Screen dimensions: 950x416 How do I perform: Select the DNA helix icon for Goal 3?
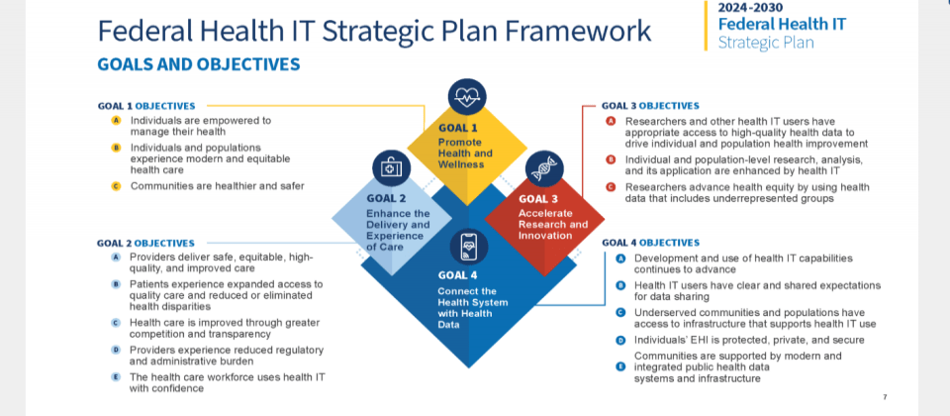544,169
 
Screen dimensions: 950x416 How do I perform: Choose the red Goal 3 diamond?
544,218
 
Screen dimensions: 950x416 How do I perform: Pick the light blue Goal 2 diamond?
392,218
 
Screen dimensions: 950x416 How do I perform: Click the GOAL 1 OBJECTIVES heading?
146,106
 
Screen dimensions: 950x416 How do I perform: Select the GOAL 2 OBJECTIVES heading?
145,244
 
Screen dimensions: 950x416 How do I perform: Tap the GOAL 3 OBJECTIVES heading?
650,106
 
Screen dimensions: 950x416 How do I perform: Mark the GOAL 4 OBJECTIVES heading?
651,243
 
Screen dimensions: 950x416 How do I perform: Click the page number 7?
885,397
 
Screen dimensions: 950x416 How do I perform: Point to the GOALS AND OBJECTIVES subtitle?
199,64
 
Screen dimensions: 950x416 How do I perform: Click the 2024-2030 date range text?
750,7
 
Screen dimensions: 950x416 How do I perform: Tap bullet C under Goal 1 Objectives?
115,187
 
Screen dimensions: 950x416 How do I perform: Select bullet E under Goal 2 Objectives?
115,376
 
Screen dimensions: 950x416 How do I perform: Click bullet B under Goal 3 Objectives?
612,159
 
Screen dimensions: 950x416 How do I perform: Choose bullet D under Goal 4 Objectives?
620,340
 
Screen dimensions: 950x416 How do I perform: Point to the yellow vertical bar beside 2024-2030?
706,26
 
